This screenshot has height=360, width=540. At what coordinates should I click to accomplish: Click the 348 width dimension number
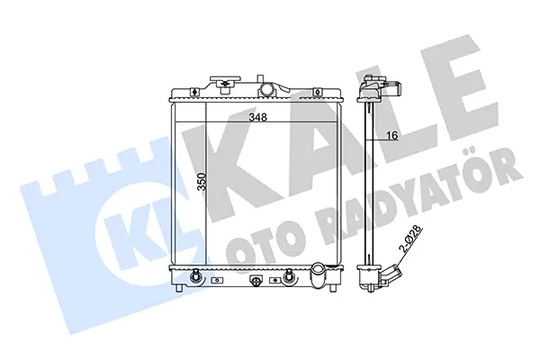pos(258,117)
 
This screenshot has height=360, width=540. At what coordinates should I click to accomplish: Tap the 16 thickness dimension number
pos(391,135)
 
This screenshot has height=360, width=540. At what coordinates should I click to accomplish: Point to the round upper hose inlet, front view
pos(267,89)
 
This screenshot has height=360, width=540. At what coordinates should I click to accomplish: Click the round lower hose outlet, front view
pos(317,274)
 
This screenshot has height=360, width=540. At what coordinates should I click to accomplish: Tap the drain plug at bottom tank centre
pos(256,281)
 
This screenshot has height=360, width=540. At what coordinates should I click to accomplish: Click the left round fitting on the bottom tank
pos(195,276)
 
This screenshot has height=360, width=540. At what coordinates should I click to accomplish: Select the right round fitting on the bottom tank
pos(288,276)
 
